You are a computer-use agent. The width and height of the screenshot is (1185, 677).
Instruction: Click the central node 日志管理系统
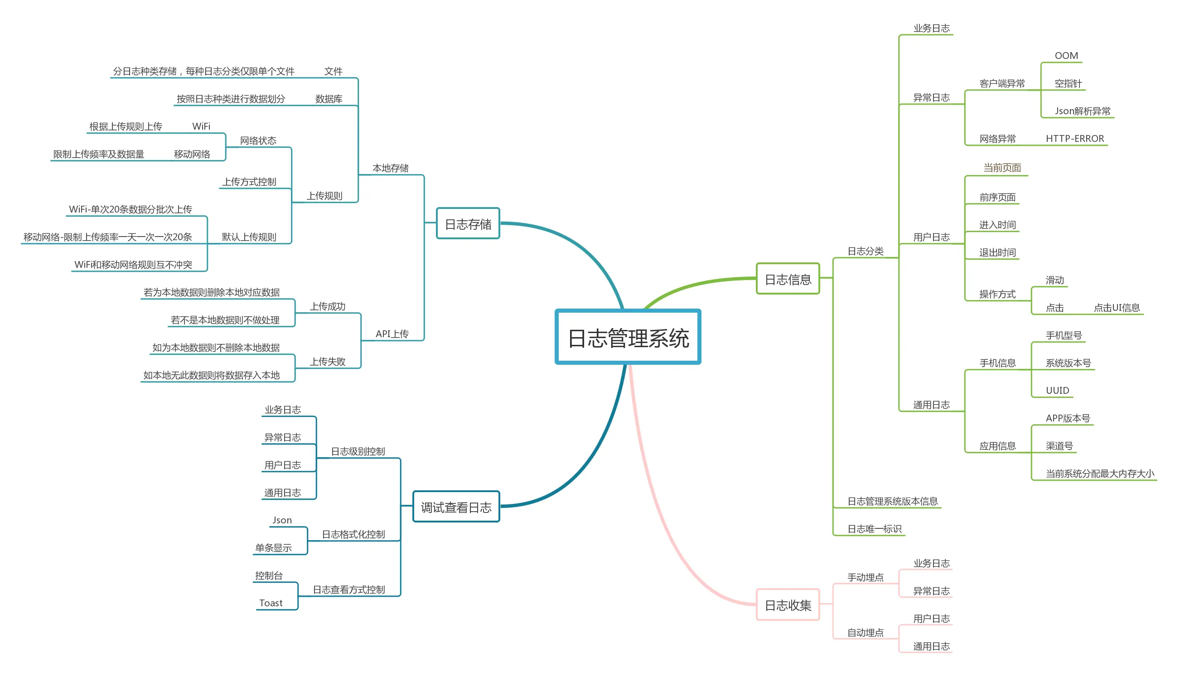pos(628,337)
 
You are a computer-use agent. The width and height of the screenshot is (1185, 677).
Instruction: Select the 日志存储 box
pos(468,224)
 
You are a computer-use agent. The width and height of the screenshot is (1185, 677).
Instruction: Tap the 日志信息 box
pos(788,279)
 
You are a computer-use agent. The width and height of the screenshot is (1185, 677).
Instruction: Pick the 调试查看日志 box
pos(455,506)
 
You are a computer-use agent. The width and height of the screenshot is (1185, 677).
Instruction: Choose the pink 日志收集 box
pos(788,604)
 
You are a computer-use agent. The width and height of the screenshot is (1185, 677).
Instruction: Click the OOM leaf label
pos(1066,56)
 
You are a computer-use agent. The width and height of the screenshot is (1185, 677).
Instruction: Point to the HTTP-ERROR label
pos(1074,139)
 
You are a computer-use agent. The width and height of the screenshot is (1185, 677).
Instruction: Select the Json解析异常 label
pos(1082,111)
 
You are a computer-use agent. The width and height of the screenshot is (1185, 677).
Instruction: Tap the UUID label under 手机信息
pos(1057,391)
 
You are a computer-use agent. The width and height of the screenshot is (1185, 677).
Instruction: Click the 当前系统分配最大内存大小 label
pos(1099,474)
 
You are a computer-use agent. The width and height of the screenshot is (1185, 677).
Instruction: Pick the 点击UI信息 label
pos(1116,308)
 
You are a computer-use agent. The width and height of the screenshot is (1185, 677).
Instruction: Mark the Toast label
pos(271,603)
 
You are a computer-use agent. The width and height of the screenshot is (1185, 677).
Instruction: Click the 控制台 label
pos(269,575)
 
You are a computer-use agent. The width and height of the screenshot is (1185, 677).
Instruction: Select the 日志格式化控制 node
pos(353,534)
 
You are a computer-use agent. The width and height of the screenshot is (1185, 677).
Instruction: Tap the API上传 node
pos(392,334)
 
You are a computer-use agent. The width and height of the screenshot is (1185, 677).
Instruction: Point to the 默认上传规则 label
pos(249,237)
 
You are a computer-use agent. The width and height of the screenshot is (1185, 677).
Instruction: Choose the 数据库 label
pos(329,99)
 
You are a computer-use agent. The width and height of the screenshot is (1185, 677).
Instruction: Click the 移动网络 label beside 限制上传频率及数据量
pos(192,154)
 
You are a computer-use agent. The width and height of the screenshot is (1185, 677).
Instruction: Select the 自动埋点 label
pos(865,632)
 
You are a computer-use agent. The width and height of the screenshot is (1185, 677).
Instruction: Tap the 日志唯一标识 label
pos(874,529)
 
